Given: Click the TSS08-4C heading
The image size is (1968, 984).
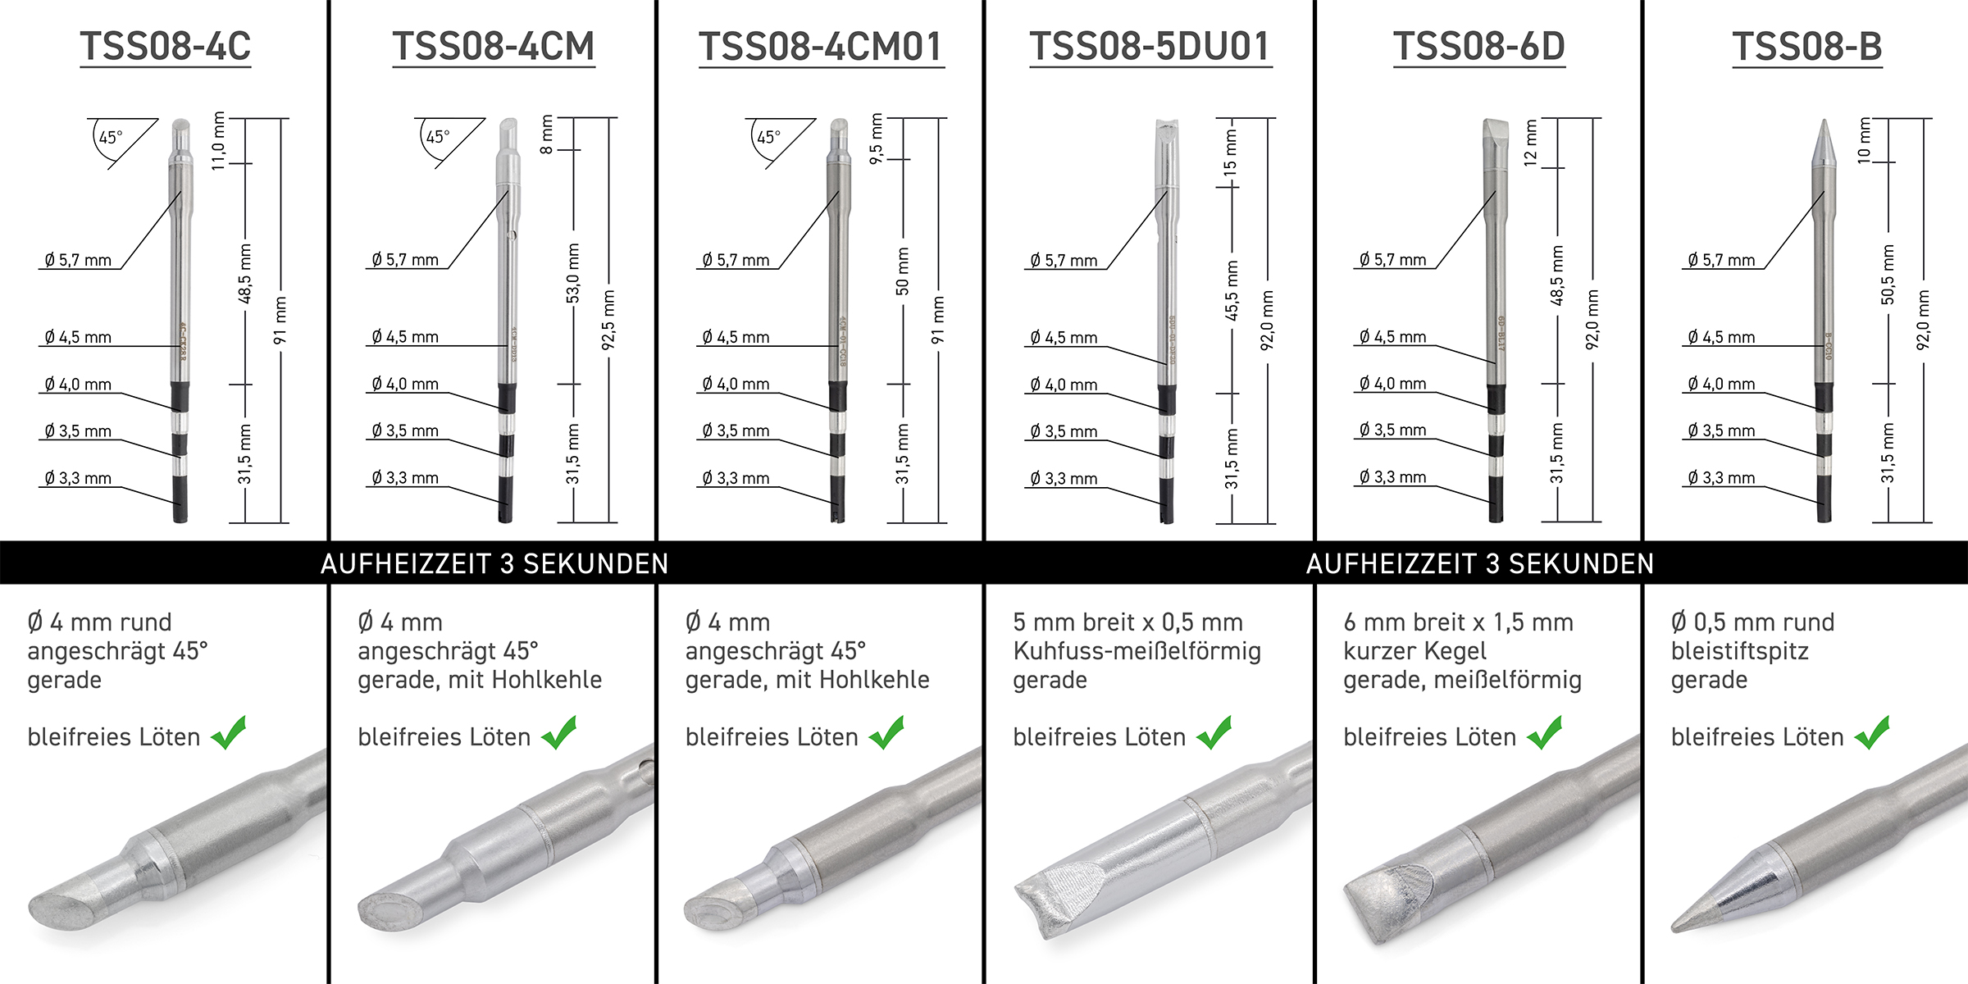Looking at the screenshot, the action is [166, 46].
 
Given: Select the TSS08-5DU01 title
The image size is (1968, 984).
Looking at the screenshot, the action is [1150, 46].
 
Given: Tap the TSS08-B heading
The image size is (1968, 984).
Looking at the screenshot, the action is [1807, 46].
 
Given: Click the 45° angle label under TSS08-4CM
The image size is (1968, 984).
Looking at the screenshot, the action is [438, 137].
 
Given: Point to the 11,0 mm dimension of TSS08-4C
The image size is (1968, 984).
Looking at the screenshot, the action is [218, 141].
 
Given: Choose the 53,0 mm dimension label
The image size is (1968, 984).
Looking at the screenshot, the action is [573, 273].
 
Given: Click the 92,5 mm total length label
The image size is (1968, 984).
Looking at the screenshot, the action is [608, 320].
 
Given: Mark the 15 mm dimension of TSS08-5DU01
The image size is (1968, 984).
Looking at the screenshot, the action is [1230, 153].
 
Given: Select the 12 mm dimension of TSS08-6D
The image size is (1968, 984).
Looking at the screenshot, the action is [1530, 143].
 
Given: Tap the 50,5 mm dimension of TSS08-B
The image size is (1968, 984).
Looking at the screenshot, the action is [1888, 275].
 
